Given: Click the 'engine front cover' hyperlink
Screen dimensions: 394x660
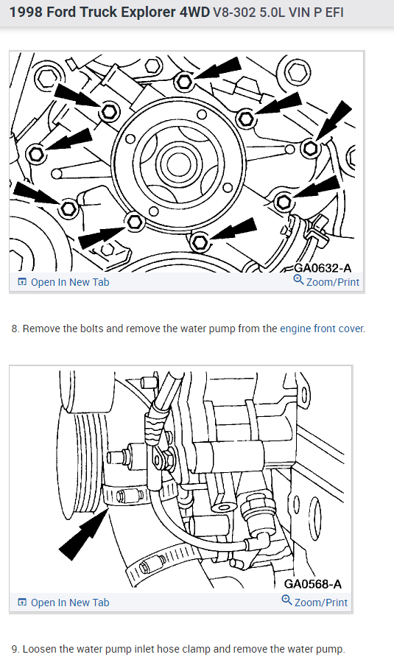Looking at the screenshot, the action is [322, 329].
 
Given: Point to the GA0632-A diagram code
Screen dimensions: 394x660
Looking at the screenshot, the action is [322, 268].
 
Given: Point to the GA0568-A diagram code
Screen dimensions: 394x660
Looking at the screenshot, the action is [313, 584].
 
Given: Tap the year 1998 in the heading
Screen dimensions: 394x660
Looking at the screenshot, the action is [26, 13].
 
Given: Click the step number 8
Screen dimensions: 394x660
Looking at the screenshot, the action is [15, 329].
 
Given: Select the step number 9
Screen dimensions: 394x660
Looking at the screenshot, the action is [15, 649].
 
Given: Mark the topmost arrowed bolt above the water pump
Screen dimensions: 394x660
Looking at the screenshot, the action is [183, 82].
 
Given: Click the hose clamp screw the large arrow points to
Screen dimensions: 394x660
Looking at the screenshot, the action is [122, 496].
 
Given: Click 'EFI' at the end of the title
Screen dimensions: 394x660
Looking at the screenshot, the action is [334, 13].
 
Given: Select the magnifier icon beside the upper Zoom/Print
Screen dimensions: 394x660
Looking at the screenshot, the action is [298, 279].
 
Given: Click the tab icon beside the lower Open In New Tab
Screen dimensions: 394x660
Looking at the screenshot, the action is [22, 603].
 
